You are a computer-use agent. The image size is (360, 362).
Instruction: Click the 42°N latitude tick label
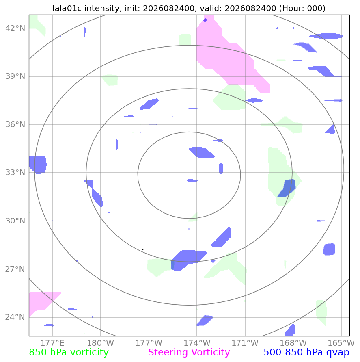tap(15, 28)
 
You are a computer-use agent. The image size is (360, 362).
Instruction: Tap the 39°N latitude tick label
tap(15, 76)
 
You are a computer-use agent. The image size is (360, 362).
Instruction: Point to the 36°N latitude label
tap(15, 124)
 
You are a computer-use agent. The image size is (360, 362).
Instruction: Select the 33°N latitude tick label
tap(15, 172)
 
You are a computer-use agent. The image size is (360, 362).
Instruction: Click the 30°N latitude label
tap(15, 221)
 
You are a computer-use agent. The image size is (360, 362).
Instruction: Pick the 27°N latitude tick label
tap(15, 269)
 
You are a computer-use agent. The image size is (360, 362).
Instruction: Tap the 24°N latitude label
tap(15, 317)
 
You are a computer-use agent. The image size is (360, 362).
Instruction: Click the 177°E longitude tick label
tap(52, 343)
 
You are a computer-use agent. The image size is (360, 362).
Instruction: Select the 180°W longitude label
tap(101, 343)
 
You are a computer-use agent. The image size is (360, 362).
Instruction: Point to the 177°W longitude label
tap(149, 343)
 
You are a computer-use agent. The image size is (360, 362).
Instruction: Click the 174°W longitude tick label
tap(197, 343)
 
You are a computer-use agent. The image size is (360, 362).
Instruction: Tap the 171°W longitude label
tap(245, 343)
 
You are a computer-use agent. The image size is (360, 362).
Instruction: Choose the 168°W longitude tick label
tap(293, 343)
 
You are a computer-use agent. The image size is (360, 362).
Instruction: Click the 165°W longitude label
tap(341, 343)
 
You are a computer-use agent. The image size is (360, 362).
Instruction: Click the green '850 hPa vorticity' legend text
tap(69, 352)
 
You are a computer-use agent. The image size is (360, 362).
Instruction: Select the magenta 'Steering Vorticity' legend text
tap(189, 352)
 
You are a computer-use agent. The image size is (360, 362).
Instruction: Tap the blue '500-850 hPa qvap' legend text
tap(306, 352)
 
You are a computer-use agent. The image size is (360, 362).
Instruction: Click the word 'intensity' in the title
tap(102, 8)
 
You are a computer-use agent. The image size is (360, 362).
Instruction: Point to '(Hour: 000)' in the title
tap(302, 8)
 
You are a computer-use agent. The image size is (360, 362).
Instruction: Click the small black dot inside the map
tap(143, 249)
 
